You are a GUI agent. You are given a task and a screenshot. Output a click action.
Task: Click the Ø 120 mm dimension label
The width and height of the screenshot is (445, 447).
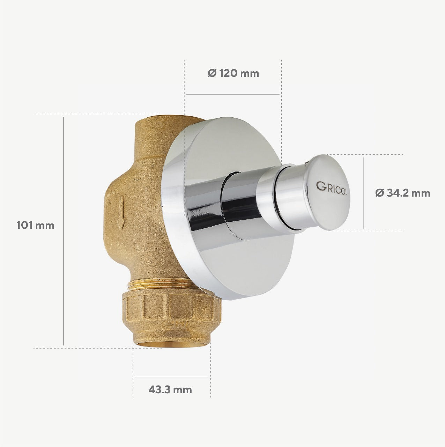click(x=233, y=73)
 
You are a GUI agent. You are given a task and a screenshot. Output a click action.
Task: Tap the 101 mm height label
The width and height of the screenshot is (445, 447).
click(x=35, y=225)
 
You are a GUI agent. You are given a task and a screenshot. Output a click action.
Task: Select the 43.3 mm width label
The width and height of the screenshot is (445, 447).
click(x=170, y=390)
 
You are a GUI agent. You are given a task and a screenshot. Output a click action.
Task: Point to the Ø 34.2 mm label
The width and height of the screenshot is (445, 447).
click(x=403, y=193)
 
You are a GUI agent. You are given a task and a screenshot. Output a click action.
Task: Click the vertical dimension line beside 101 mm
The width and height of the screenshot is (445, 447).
click(x=64, y=230)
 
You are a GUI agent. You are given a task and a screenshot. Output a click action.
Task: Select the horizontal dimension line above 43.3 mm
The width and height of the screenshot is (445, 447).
click(x=171, y=377)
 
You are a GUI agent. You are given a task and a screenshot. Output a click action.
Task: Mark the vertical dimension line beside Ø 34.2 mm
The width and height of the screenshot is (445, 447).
click(x=363, y=193)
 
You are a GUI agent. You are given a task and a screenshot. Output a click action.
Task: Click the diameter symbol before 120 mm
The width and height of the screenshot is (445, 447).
click(x=212, y=73)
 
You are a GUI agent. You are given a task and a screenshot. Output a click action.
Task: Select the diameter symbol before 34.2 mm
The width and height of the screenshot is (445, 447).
click(x=379, y=193)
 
